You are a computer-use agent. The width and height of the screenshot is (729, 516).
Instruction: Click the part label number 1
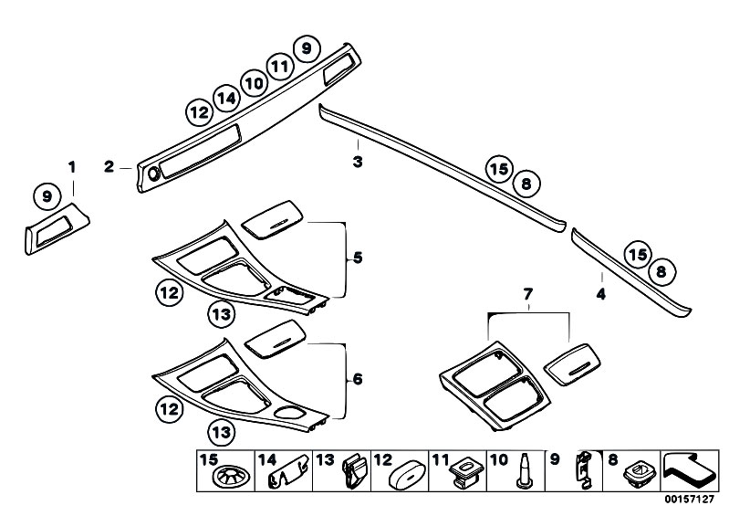point(72,167)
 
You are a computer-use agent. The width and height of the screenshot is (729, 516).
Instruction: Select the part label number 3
point(358,162)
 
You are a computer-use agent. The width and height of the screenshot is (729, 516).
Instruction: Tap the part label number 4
point(601,294)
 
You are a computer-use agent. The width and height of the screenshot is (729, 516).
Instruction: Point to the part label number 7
point(528,294)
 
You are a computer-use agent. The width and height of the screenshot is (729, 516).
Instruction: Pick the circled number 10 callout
point(254,84)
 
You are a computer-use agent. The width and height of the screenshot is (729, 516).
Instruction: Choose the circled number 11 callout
point(280,67)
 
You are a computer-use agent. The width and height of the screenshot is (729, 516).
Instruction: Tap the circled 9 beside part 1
point(47,195)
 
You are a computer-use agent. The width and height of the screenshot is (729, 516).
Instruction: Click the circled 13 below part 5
point(222,314)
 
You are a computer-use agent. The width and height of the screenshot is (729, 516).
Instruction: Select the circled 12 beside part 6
point(169,409)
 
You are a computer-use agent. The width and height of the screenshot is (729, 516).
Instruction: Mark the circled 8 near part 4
point(661,271)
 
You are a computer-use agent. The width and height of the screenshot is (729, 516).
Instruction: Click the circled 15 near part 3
point(499,169)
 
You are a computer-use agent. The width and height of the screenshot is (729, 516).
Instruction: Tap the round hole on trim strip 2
point(153,174)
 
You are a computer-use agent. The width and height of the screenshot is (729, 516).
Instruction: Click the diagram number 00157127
point(689,500)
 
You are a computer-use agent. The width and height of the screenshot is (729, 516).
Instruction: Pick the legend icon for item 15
point(233,477)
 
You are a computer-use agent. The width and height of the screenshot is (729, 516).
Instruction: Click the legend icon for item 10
point(525,470)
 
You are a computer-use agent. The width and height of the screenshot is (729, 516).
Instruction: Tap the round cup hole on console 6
point(289,413)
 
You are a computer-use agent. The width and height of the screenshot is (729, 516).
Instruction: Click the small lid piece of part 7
point(572,363)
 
